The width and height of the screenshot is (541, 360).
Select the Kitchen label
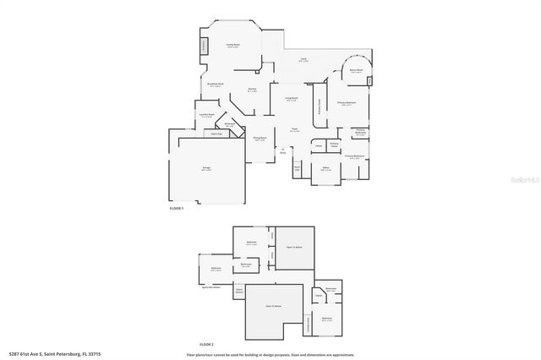click(252, 89)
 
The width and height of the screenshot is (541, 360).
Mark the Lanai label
click(303, 59)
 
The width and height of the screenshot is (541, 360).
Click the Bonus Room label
click(357, 70)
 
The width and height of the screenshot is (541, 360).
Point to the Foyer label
click(295, 130)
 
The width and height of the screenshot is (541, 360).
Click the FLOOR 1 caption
click(176, 207)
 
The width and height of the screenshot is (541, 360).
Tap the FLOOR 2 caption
click(207, 345)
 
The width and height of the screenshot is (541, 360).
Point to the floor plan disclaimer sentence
click(270, 354)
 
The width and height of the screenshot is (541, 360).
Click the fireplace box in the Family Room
click(204, 46)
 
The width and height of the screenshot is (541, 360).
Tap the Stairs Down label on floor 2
click(240, 291)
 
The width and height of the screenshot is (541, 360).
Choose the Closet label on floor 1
click(317, 145)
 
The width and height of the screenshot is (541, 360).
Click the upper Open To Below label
click(295, 247)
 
